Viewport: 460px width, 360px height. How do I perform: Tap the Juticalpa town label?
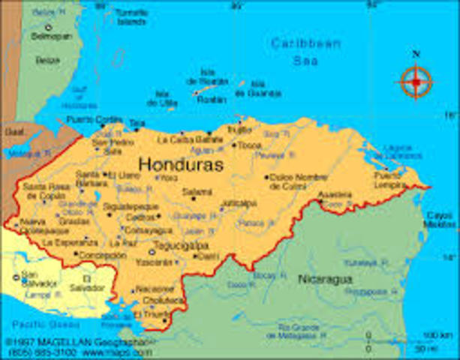pyautogui.click(x=239, y=203)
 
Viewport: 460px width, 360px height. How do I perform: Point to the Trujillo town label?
pyautogui.click(x=240, y=129)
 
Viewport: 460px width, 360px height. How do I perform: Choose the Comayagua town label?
pyautogui.click(x=144, y=230)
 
